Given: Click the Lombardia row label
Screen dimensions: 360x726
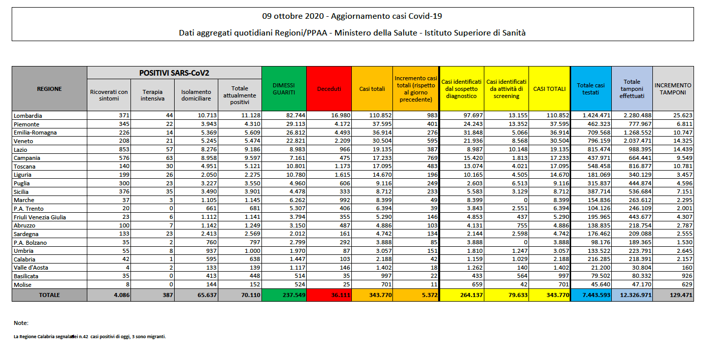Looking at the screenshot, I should tap(28, 116).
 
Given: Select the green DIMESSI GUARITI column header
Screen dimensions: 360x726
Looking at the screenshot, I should tap(283, 89).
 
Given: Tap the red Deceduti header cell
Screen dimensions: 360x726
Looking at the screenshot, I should tap(329, 89).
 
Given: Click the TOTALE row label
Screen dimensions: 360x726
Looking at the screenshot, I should tap(49, 294).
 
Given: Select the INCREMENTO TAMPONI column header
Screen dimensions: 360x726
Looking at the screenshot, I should tap(673, 89).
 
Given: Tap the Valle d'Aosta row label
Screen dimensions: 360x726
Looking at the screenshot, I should tap(31, 268).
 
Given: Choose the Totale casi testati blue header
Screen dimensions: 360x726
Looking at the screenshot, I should tap(591, 89).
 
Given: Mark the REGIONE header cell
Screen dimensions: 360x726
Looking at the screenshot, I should tap(49, 89).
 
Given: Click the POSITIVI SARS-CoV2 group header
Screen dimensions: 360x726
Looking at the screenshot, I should tap(174, 73).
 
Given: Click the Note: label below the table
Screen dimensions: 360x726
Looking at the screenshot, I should tap(21, 323).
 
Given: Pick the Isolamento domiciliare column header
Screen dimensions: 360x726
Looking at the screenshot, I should tap(196, 95).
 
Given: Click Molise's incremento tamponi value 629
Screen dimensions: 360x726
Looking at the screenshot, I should tap(685, 284).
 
